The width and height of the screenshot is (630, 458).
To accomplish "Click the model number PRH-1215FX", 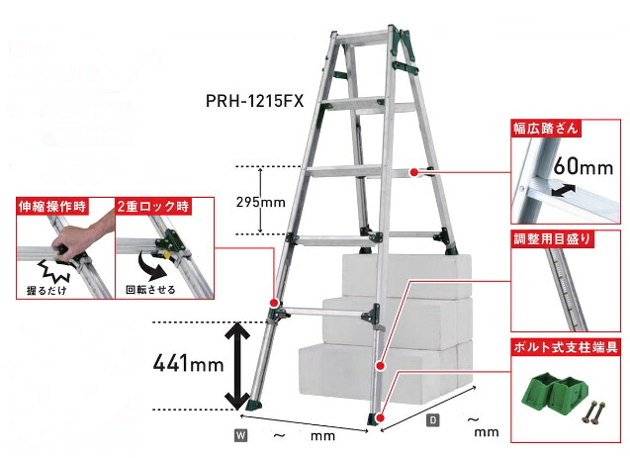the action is pos(255,101).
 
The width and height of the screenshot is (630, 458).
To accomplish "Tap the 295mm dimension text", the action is pos(261,202).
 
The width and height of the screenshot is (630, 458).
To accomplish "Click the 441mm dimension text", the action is pos(188,364).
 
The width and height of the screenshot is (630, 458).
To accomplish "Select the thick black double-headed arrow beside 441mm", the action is pos(237,366).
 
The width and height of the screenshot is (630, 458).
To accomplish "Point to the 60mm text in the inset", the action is pos(583,166).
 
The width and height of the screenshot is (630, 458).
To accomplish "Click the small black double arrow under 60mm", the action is pos(564,190).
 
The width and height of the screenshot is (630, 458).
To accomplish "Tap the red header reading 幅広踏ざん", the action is pos(546,129).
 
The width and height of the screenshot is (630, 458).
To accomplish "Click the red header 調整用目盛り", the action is pos(552,239).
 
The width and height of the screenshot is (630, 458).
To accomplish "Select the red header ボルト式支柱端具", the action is pos(566,347).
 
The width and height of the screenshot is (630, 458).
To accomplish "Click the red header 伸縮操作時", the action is pos(52,206).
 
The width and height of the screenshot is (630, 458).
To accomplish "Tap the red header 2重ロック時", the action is pos(152,206).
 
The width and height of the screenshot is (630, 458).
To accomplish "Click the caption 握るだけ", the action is pos(46,290).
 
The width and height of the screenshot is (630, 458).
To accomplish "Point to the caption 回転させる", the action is pos(150,289).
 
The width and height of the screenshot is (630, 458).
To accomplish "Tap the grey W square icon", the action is pos(241,435).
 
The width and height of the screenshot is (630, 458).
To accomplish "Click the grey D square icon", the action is pos(433,420).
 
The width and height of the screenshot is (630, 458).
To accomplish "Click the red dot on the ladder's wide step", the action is pos(413,173).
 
